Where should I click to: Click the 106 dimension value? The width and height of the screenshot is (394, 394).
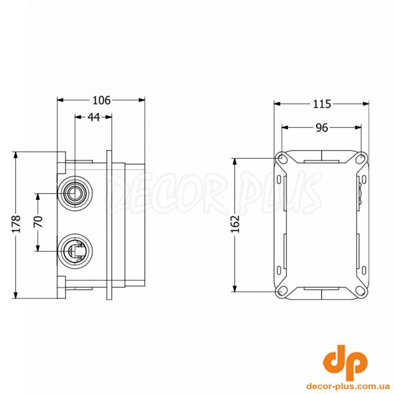point(101,100)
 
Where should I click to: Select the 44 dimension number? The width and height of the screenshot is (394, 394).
point(94,117)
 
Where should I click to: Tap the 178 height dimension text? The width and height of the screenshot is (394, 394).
point(16,224)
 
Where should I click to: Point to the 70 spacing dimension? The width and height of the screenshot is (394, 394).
point(38,222)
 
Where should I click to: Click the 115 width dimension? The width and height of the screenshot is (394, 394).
point(322,104)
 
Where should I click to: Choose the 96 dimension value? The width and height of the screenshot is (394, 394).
point(322,128)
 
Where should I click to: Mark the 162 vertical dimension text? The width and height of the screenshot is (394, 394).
point(236,224)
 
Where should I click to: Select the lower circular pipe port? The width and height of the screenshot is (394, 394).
point(75,251)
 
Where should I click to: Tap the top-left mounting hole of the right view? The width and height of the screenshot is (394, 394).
point(282,158)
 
